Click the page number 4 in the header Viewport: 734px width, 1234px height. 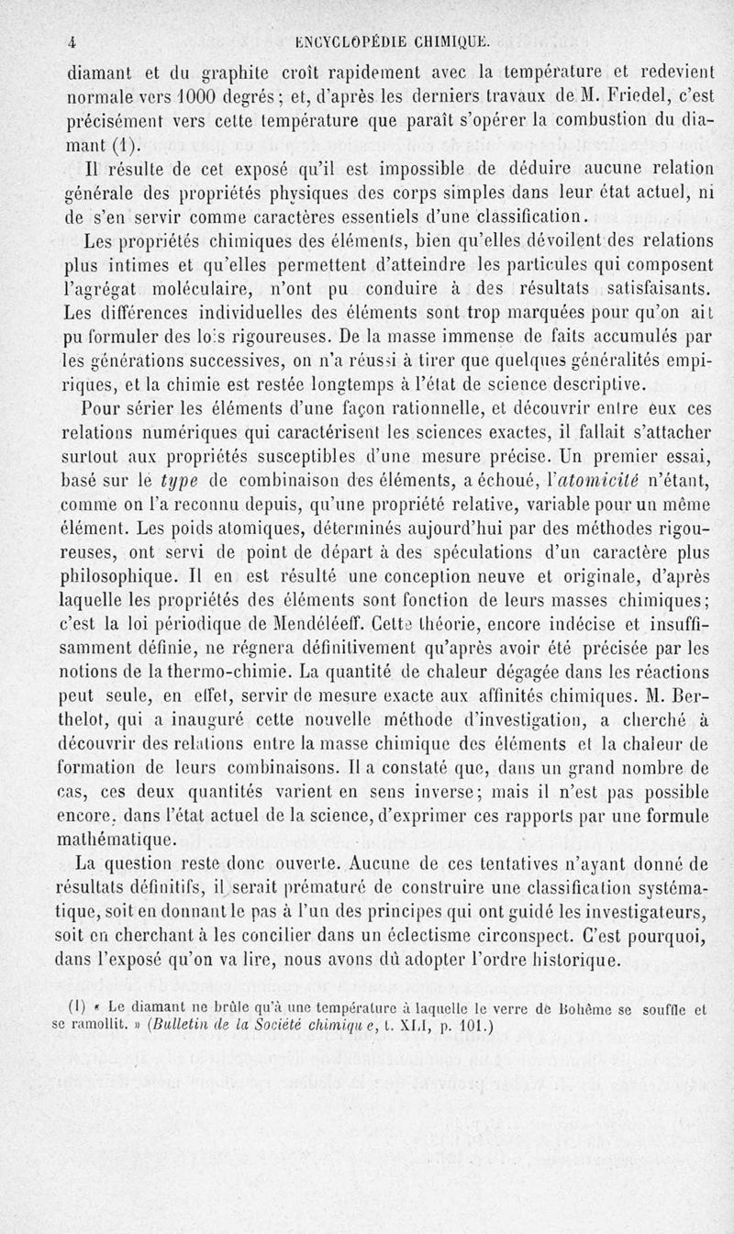pos(71,40)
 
